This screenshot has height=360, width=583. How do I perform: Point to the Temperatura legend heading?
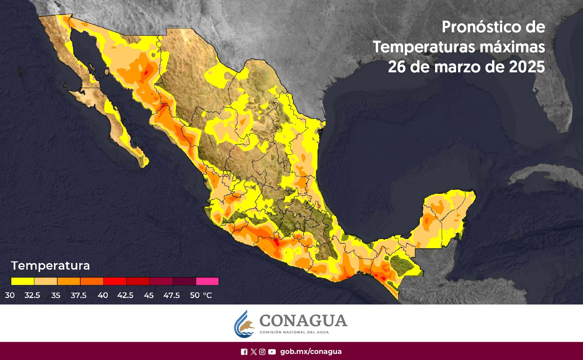(50, 266)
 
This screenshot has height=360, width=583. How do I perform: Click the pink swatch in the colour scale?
(207, 281)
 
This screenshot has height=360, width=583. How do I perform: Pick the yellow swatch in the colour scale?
(22, 281)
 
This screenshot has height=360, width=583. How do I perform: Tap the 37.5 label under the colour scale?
(79, 295)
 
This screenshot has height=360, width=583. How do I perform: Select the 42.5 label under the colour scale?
(125, 295)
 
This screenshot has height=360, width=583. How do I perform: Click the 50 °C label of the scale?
(201, 295)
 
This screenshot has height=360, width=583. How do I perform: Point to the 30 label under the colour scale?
(10, 295)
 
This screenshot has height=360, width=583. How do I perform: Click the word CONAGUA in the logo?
(303, 321)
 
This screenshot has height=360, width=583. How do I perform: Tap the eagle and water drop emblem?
(245, 324)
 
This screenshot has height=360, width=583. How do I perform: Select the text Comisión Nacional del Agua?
(294, 332)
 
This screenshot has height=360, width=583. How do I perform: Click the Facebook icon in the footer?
(244, 352)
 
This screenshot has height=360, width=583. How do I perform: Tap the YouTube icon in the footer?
(272, 352)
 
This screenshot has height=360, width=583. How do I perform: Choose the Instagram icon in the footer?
(263, 352)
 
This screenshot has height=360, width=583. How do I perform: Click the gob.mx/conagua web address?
(310, 352)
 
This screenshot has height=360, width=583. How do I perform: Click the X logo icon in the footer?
(254, 352)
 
